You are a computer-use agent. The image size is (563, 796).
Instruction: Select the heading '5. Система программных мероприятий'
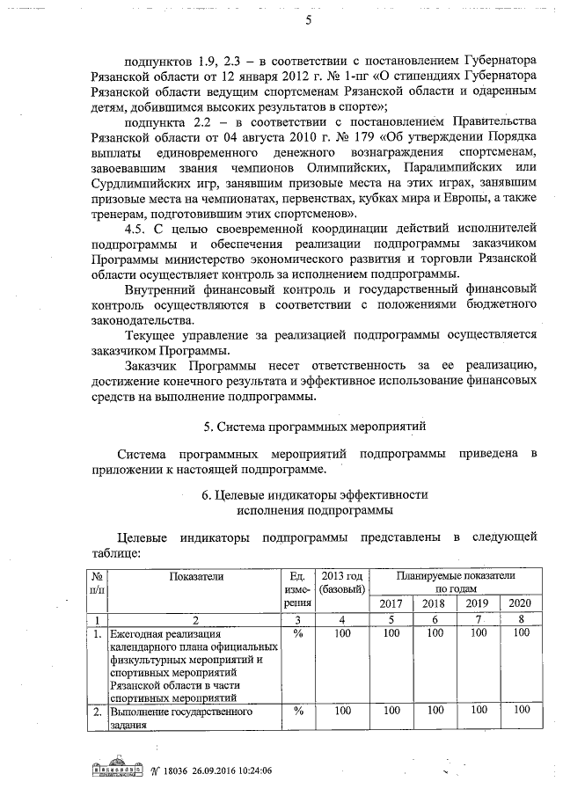pyautogui.click(x=314, y=427)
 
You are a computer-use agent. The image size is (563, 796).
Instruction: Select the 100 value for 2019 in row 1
pyautogui.click(x=476, y=632)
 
